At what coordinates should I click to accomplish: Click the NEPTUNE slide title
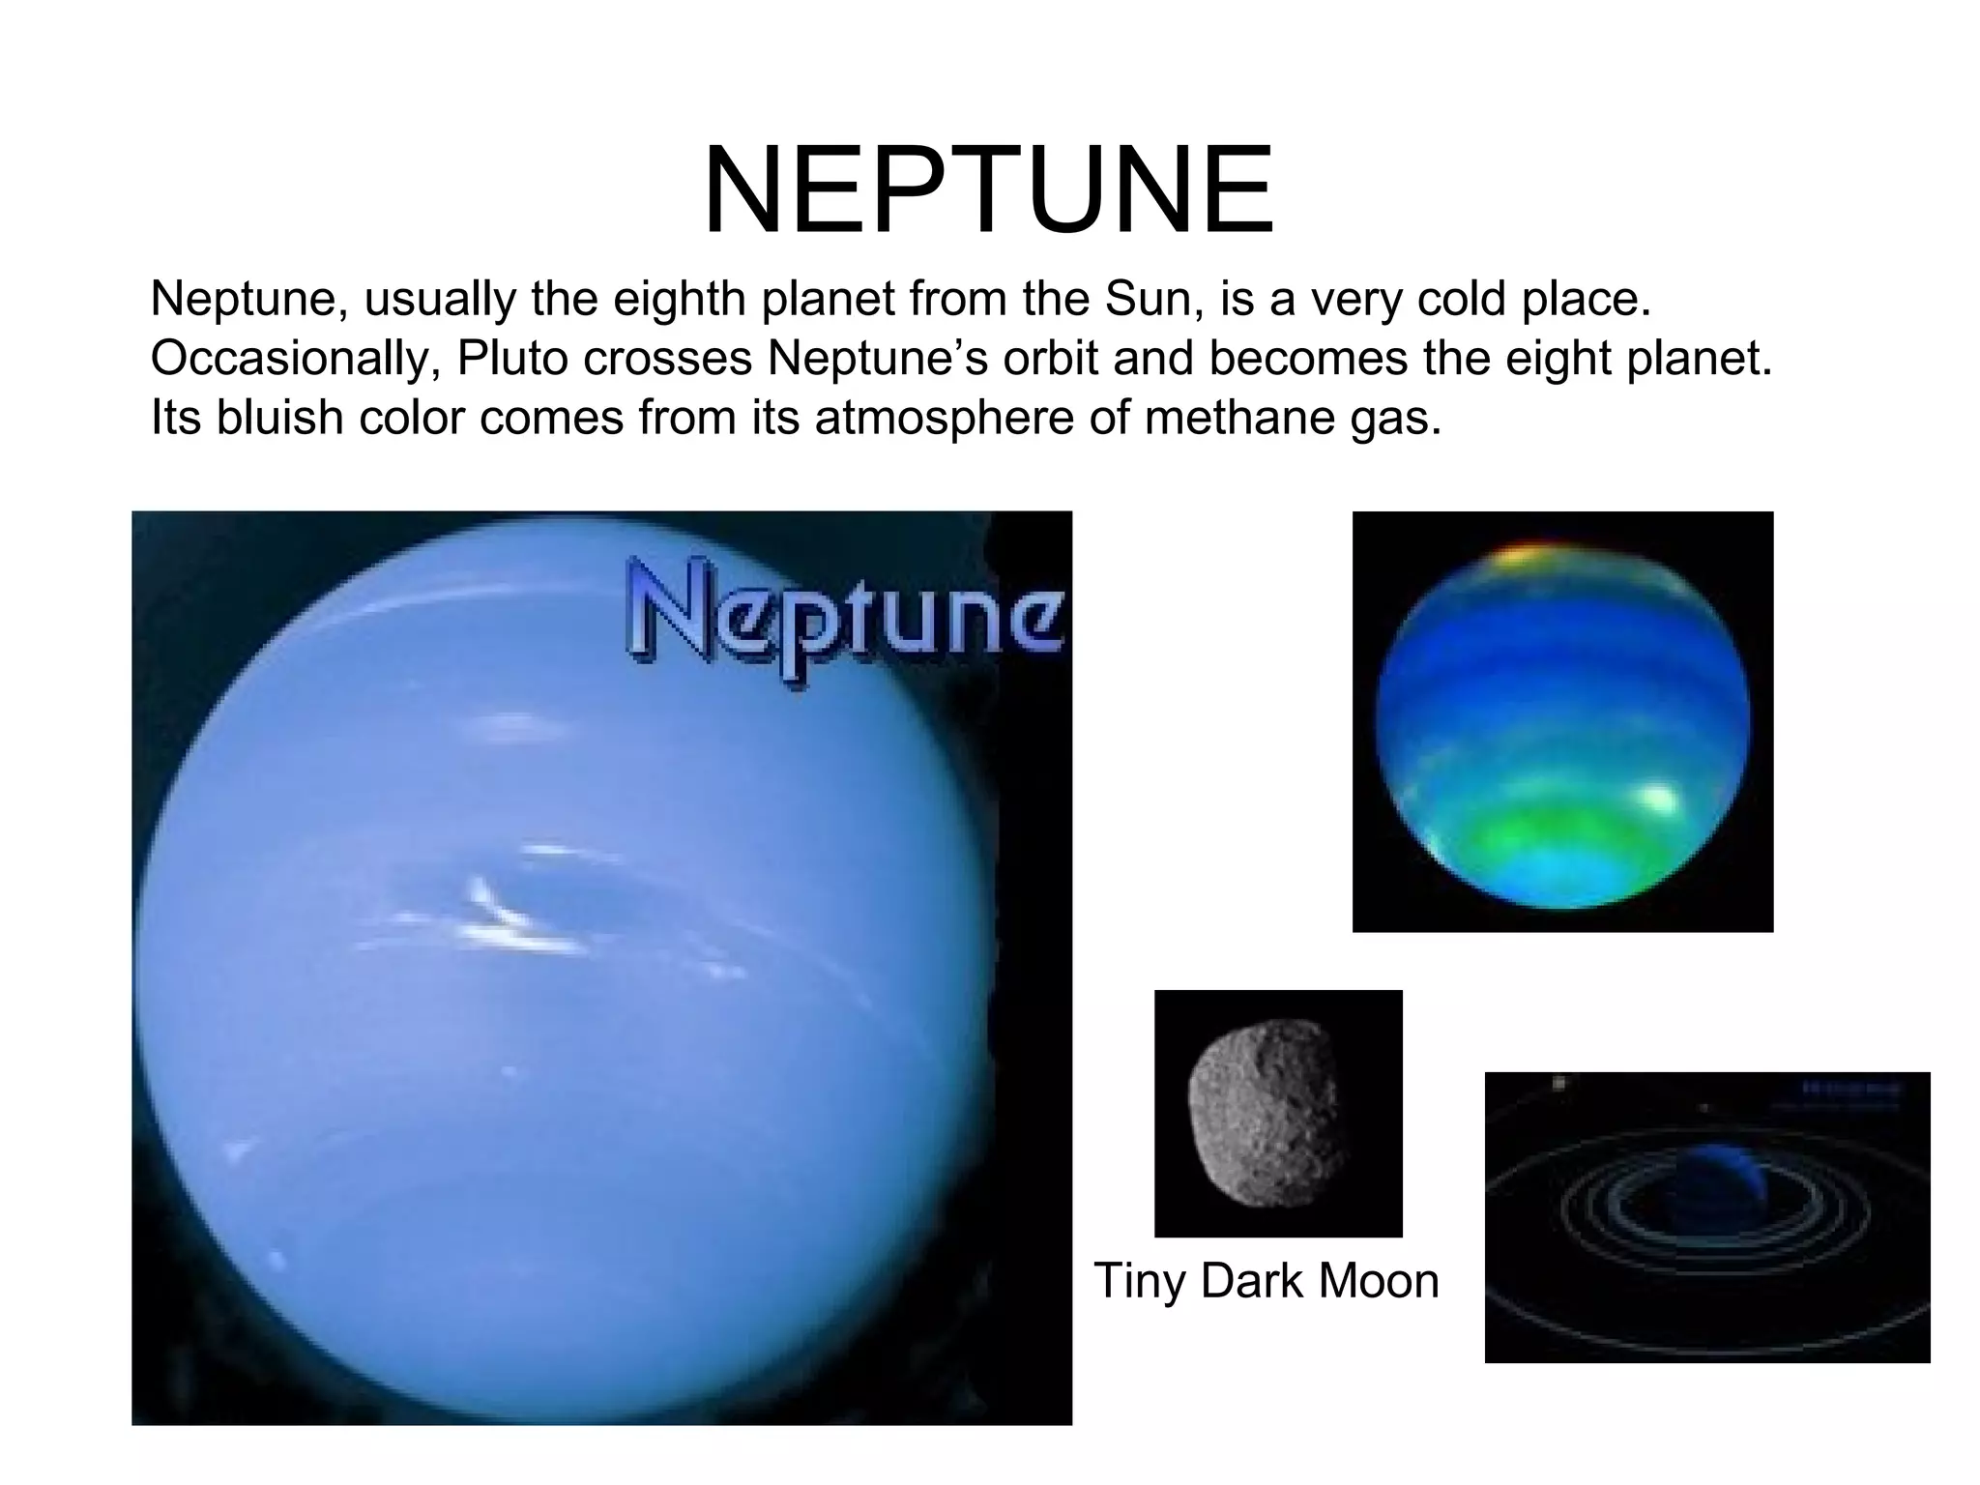(x=988, y=190)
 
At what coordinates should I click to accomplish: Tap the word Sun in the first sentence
(x=1151, y=300)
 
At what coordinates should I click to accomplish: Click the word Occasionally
(x=295, y=360)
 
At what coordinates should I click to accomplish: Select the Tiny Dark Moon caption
(x=1267, y=1282)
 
